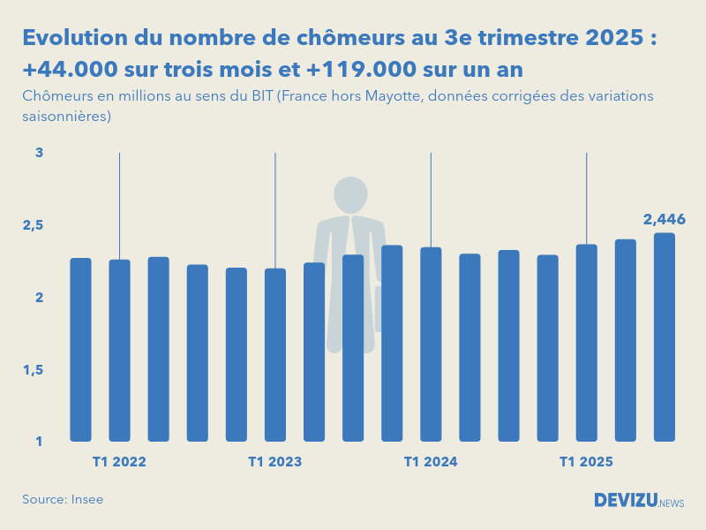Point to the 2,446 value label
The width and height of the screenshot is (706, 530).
(664, 220)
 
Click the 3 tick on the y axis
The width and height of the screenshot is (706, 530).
(39, 153)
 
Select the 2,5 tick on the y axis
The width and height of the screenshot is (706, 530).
(34, 225)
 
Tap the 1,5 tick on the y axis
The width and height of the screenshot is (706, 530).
(34, 369)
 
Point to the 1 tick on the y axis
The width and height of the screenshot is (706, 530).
(39, 441)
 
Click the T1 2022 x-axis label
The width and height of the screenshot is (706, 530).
(119, 462)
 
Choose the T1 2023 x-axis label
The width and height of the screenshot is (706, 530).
(275, 462)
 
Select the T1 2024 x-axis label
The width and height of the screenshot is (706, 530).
(431, 462)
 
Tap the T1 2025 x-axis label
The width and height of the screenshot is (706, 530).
(586, 462)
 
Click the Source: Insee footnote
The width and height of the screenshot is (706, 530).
(63, 499)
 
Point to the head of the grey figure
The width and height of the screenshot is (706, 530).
(350, 194)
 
